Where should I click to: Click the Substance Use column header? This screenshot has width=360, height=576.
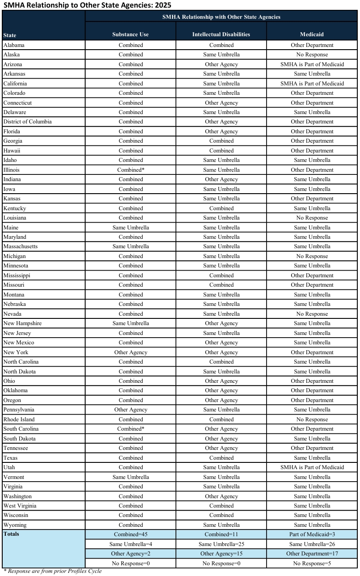(131, 34)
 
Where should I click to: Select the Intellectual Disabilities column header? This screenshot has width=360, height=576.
(221, 34)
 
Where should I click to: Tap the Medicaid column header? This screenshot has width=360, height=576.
(312, 34)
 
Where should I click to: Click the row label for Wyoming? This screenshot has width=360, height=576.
(15, 525)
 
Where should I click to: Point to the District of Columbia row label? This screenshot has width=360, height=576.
(27, 122)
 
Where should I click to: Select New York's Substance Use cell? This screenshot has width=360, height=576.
(131, 352)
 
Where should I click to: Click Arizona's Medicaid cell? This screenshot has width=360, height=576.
(312, 64)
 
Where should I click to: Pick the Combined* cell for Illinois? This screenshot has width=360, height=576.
(131, 170)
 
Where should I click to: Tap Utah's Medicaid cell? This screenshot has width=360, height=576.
(312, 467)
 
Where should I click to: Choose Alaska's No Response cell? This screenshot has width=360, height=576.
(312, 55)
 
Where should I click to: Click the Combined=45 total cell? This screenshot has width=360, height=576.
(131, 534)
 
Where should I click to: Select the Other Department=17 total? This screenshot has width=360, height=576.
(312, 554)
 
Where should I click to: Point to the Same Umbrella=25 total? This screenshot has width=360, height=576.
(221, 544)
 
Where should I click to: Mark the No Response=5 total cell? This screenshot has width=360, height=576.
(312, 563)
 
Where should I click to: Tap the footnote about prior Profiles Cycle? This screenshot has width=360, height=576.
(52, 571)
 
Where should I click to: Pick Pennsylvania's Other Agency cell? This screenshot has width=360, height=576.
(131, 410)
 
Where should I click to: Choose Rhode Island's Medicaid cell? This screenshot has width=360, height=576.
(312, 419)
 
